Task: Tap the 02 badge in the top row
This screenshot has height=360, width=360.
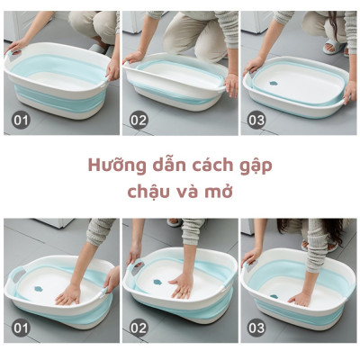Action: [x=138, y=118]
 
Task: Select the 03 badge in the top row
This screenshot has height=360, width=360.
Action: [x=256, y=118]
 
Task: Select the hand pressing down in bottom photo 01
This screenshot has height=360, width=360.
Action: [x=67, y=293]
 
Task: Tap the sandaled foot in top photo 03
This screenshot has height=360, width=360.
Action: [x=334, y=46]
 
